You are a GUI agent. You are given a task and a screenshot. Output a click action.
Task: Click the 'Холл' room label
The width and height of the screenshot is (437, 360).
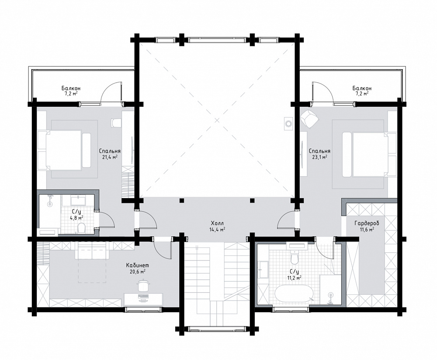tap(217, 223)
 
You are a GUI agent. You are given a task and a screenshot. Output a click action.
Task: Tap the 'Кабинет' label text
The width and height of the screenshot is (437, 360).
tap(135, 266)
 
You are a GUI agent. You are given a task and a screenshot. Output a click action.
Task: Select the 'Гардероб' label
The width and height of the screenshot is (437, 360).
tap(367, 223)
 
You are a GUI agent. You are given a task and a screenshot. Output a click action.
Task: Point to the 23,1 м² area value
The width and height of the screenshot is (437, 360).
tap(319, 157)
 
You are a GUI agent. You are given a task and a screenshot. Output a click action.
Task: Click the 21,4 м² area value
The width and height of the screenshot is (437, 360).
tap(110, 157)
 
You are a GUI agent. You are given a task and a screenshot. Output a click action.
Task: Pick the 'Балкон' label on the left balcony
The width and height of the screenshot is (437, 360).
tap(71, 88)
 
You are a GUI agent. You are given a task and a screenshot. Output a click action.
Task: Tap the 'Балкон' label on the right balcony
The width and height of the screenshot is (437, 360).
tap(362, 88)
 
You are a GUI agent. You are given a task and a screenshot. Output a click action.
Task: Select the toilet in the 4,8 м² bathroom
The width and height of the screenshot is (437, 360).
tap(82, 227)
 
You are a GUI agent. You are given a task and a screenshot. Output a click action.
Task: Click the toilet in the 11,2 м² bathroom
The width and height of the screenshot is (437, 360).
tap(294, 257)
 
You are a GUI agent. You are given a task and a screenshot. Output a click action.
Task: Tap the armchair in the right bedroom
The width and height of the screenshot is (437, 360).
tap(309, 119)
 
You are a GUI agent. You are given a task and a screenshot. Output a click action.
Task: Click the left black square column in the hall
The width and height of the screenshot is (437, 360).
tap(182, 200)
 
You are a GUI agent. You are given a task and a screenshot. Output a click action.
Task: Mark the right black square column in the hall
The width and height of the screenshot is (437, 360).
tap(252, 200)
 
